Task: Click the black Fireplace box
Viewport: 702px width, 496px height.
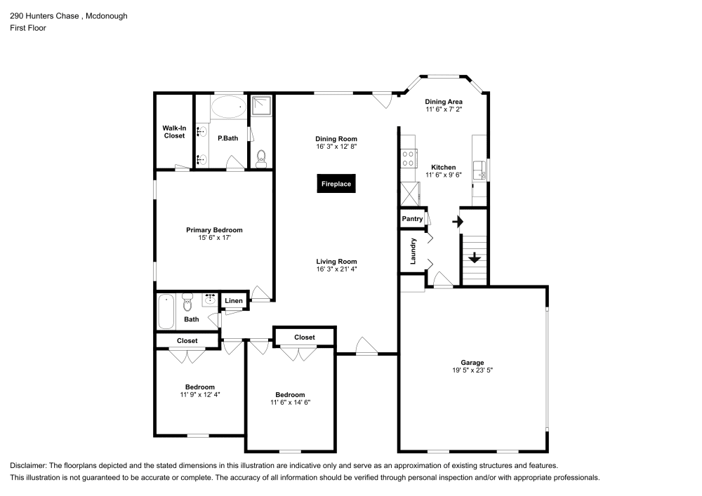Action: (336, 184)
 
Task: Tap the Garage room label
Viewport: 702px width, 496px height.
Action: (472, 363)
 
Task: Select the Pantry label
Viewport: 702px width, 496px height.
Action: (412, 219)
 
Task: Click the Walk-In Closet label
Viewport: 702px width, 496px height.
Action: (174, 131)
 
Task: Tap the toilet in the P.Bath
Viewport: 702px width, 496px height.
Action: (261, 157)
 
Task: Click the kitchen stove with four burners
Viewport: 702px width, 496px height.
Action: (408, 159)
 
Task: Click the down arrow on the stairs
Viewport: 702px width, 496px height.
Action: (475, 257)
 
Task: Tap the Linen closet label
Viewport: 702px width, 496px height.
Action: (234, 301)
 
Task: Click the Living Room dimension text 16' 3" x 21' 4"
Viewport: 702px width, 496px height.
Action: (336, 269)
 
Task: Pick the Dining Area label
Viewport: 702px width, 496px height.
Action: (444, 102)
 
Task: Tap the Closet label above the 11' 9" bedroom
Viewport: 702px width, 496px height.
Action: (187, 341)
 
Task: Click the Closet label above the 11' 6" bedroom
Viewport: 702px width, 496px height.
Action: (305, 337)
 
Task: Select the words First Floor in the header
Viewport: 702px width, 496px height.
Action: (28, 28)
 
